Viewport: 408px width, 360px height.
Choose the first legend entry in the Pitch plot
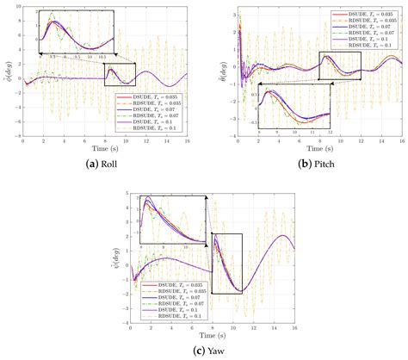pos(367,16)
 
